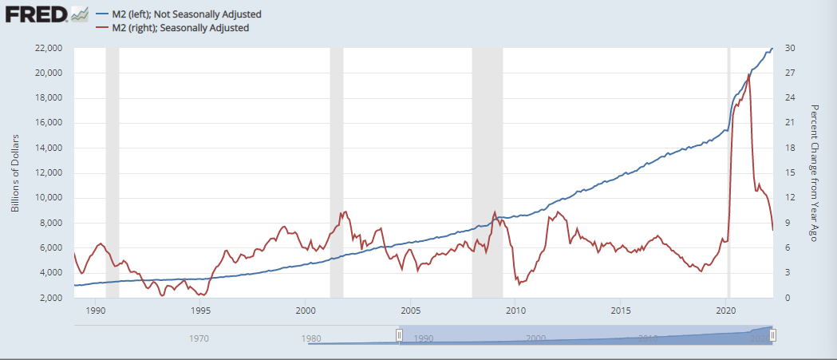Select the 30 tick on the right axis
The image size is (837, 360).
coord(787,48)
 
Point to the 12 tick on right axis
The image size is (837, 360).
coord(787,198)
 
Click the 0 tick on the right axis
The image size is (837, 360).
coord(785,298)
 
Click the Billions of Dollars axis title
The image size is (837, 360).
coord(16,173)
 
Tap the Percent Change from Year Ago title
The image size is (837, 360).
coord(815,172)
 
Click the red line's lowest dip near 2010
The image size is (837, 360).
coord(517,284)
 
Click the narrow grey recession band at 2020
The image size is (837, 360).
coord(728,172)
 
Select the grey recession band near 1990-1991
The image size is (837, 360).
coord(113,172)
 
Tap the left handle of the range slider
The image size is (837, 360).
coord(399,335)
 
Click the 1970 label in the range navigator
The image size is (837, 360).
coord(199,338)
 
